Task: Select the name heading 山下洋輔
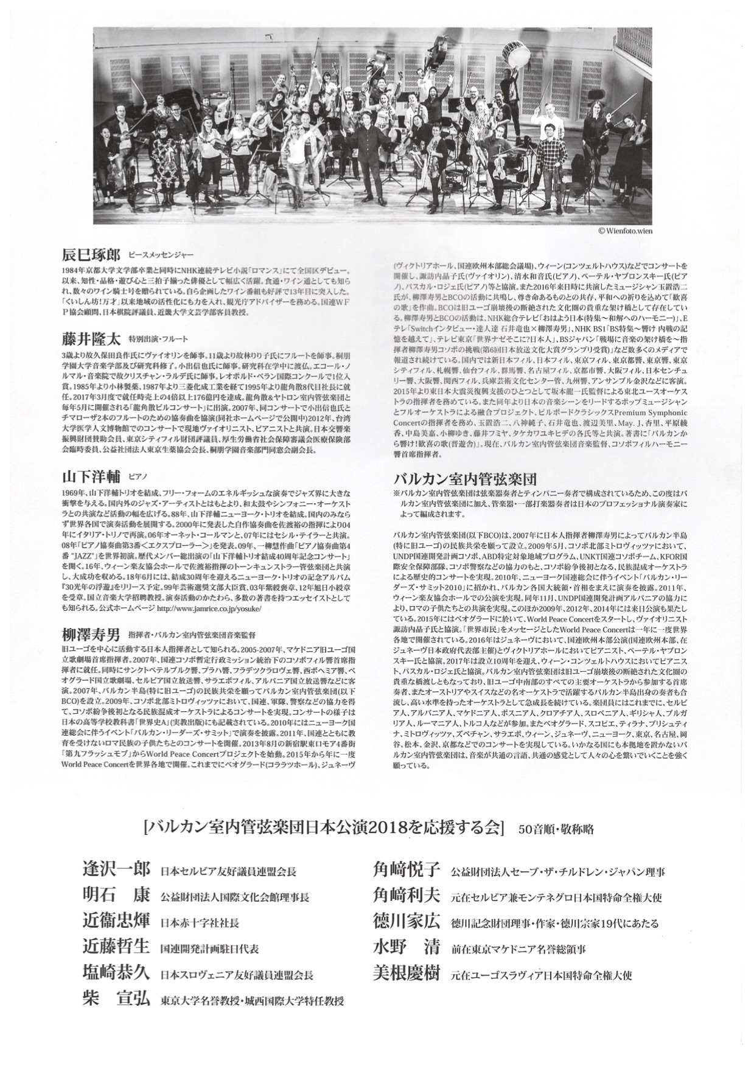point(91,475)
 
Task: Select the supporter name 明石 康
point(116,897)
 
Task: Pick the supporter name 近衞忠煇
point(116,922)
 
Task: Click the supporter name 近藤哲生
point(116,948)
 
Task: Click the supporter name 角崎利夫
point(406,897)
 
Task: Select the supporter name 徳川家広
point(406,922)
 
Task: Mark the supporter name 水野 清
point(406,948)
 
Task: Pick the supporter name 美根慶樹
point(406,974)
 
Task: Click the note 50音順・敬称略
point(556,829)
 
